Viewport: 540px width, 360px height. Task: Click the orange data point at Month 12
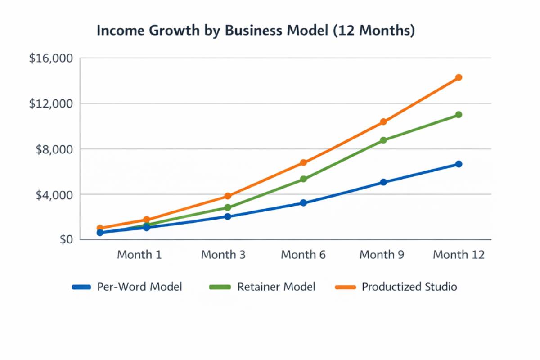click(459, 77)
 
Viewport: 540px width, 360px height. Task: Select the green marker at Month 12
click(459, 115)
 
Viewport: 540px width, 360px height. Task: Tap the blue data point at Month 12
click(459, 164)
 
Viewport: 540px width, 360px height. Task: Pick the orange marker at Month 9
click(383, 122)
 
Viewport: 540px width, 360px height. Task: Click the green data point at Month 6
click(303, 179)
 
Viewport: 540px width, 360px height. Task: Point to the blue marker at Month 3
click(227, 216)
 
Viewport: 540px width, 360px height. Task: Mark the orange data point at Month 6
click(303, 162)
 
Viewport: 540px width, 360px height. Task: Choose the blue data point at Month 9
click(383, 182)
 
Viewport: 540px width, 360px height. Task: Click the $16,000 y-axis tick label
click(51, 58)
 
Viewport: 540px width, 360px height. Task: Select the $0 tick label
click(66, 239)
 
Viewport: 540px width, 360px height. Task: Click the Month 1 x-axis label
click(139, 255)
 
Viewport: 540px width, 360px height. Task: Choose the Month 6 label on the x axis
click(303, 255)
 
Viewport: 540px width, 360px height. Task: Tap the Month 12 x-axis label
click(459, 255)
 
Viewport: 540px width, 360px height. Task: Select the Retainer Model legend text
click(276, 287)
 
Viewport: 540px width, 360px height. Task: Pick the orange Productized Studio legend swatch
click(345, 287)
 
